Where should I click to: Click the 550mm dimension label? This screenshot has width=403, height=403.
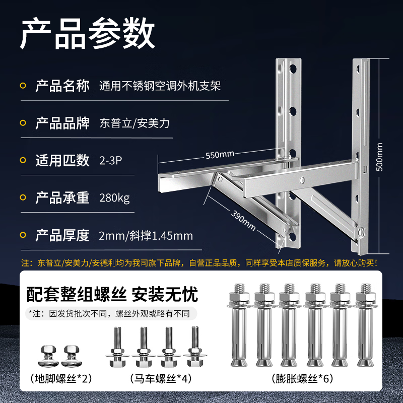[x=220, y=155]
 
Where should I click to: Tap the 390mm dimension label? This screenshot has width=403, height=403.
[x=243, y=221]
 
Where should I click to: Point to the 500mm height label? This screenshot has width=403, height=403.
[x=379, y=157]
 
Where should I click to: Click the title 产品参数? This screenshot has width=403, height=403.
[x=87, y=33]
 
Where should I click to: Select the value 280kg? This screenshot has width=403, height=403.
[x=114, y=198]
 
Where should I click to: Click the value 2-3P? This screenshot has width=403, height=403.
[x=110, y=161]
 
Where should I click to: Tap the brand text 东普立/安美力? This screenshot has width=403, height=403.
[x=135, y=123]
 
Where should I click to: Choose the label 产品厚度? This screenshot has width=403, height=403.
[x=62, y=235]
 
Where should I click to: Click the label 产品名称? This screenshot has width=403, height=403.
[x=62, y=86]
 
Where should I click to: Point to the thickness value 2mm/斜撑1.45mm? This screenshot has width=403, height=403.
[x=146, y=236]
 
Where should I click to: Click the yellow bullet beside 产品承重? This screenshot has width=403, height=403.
[x=23, y=197]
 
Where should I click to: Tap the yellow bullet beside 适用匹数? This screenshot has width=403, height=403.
[x=23, y=160]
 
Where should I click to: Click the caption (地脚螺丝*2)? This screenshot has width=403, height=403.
[x=61, y=378]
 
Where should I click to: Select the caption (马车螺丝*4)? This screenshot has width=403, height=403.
[x=161, y=378]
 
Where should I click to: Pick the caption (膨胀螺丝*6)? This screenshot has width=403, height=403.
[x=302, y=378]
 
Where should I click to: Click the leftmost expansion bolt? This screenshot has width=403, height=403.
[x=239, y=325]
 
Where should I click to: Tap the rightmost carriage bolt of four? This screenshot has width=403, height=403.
[x=195, y=347]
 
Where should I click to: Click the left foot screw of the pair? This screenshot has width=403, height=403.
[x=48, y=356]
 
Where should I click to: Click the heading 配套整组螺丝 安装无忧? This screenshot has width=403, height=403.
[x=112, y=294]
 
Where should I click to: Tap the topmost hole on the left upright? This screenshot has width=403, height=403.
[x=293, y=69]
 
